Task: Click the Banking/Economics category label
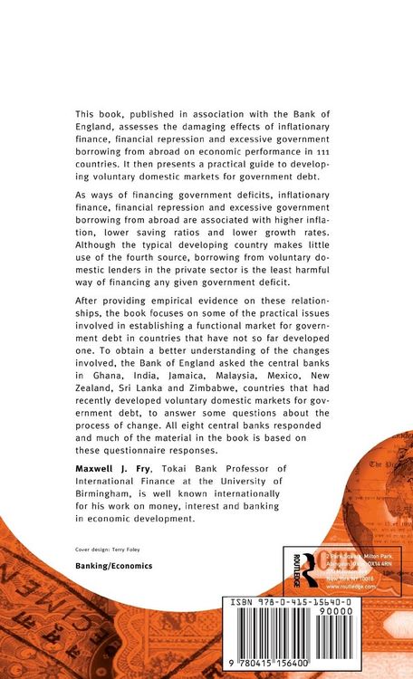[113, 564]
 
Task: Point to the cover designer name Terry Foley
[132, 549]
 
